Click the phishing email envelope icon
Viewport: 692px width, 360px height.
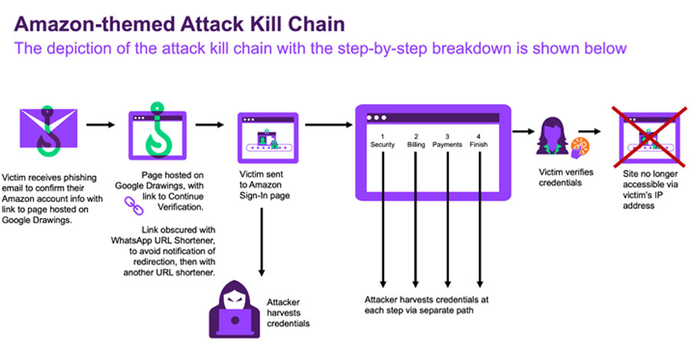(x=48, y=130)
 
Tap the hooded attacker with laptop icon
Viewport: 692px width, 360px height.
(x=234, y=310)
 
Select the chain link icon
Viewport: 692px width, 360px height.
(x=134, y=206)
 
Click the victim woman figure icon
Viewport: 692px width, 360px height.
(x=551, y=136)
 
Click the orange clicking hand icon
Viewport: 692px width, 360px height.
(x=580, y=148)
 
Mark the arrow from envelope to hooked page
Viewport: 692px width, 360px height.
(x=101, y=125)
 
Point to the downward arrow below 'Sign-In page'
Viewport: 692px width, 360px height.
(x=262, y=242)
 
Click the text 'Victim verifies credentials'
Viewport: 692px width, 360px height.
(x=566, y=177)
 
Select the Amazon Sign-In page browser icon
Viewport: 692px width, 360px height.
(x=268, y=138)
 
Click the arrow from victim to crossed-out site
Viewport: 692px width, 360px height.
(x=590, y=131)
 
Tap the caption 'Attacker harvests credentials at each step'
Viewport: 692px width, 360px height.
(x=427, y=305)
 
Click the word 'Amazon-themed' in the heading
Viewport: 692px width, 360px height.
(x=95, y=24)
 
